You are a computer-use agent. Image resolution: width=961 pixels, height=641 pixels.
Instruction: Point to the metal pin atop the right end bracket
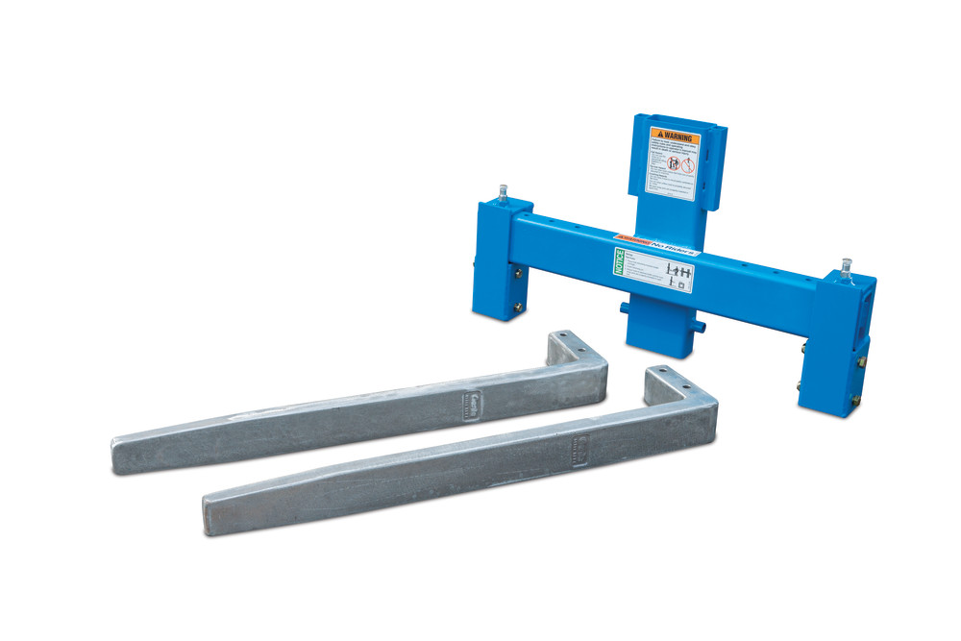point(847,266)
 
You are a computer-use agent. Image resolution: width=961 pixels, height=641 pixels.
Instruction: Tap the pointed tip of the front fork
point(208,515)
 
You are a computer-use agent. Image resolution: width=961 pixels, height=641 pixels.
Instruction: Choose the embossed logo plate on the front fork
point(578,447)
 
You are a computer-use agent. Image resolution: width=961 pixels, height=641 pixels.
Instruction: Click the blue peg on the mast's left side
point(623,308)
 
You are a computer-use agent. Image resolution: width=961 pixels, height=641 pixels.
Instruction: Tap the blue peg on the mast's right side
point(700,327)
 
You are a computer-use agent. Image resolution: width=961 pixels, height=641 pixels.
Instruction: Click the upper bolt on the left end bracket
point(519,274)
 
